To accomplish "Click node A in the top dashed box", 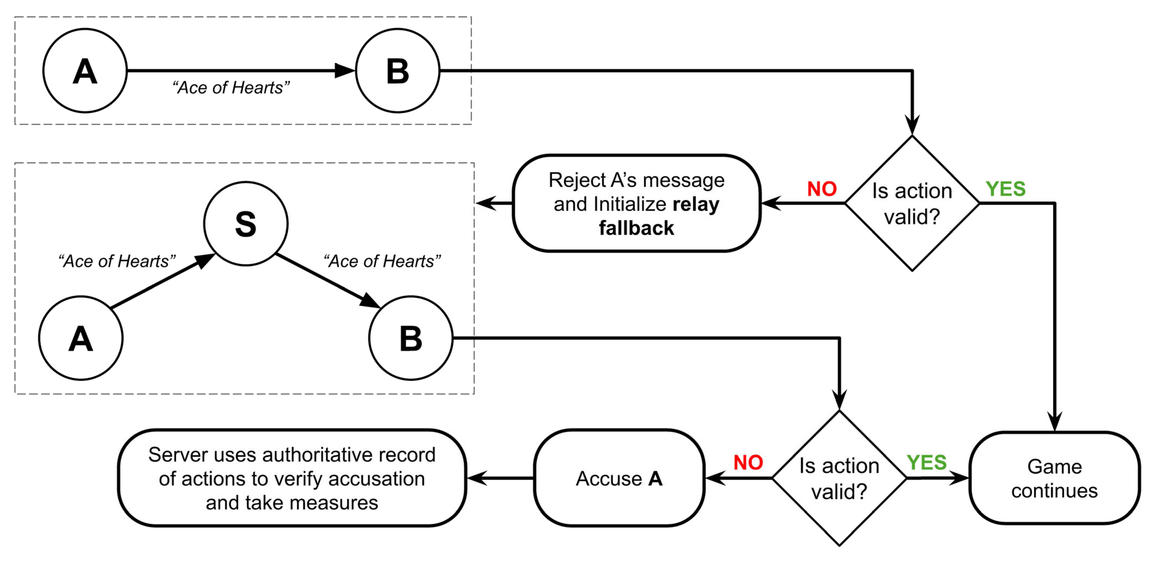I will (x=85, y=71).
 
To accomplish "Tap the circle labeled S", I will (x=246, y=223).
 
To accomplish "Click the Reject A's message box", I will (x=636, y=203).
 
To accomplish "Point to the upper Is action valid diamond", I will (x=912, y=203).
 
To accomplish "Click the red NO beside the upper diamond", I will (x=822, y=189).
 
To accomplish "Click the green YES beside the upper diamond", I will (x=1005, y=189).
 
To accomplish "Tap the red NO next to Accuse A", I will (x=748, y=463).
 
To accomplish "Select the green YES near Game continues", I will (x=926, y=463).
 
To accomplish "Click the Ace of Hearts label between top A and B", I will (x=231, y=87).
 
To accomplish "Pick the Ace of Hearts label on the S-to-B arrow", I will (x=382, y=261).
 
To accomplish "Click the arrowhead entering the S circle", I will (x=206, y=261).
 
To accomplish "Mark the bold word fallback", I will (x=636, y=228).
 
